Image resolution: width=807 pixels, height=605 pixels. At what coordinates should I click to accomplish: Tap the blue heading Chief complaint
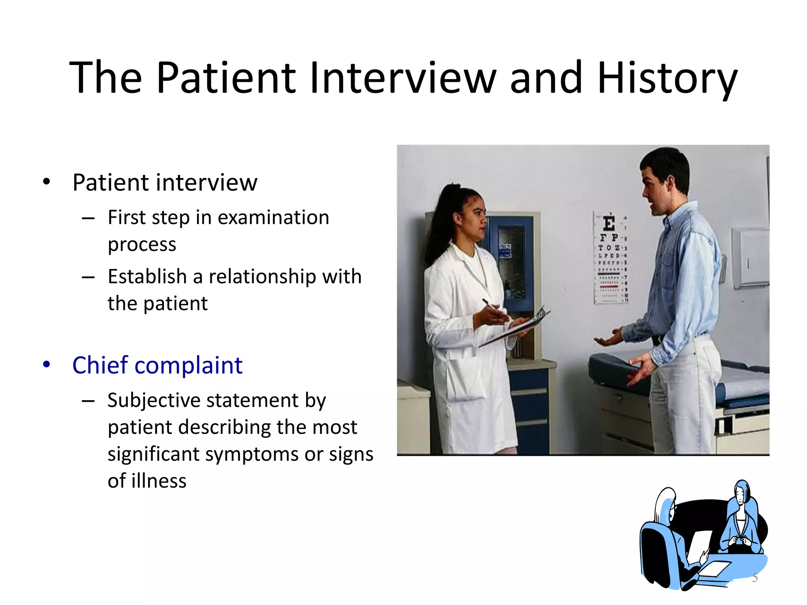click(x=157, y=365)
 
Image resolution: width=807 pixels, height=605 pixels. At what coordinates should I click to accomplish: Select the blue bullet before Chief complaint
click(x=46, y=364)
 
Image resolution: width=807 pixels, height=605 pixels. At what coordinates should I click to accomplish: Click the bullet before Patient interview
click(x=46, y=182)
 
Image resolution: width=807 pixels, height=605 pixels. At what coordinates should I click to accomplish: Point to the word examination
click(x=273, y=217)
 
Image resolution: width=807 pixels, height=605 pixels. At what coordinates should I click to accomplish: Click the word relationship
click(x=262, y=277)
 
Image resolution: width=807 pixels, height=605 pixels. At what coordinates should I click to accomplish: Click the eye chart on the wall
click(x=611, y=258)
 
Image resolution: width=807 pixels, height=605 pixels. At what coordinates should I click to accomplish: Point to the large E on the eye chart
click(x=609, y=224)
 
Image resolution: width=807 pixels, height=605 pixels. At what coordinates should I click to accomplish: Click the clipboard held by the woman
click(x=516, y=327)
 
